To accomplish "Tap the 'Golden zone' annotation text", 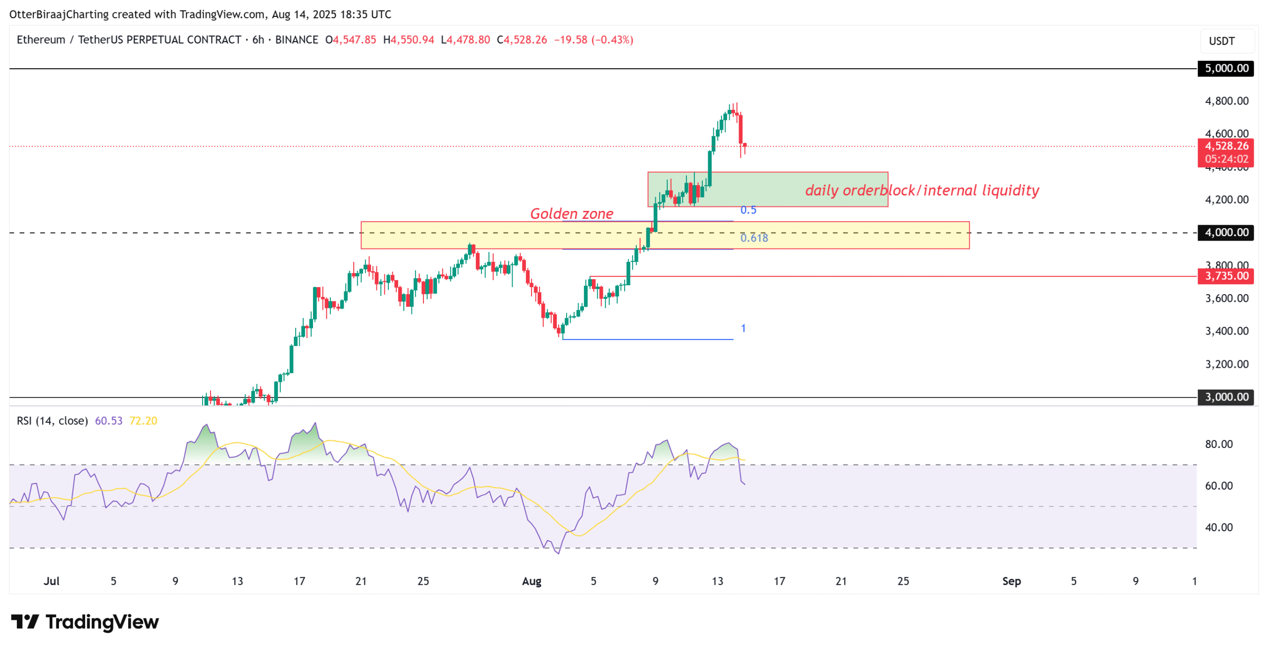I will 571,213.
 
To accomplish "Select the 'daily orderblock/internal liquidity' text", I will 921,190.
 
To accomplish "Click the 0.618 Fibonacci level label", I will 753,238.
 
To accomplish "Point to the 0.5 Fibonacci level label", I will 747,210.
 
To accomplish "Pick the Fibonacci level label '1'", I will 742,328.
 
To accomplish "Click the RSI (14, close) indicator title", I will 52,421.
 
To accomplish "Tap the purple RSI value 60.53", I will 108,421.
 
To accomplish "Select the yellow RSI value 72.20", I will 143,421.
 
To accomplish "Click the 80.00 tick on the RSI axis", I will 1218,444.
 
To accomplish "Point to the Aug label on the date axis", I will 531,581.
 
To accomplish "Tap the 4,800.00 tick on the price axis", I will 1226,101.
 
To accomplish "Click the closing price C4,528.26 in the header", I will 522,40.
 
